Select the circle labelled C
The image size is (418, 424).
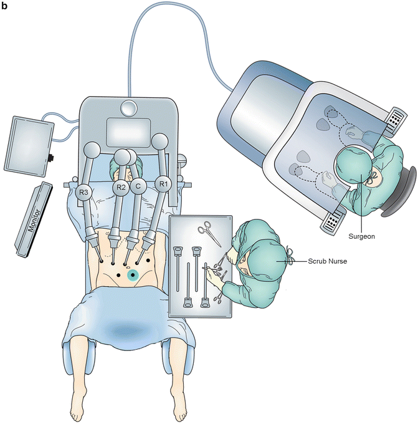pos(141,186)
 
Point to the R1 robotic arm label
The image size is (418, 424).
pos(163,183)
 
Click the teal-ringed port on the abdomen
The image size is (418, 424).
pos(132,275)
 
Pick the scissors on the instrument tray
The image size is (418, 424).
pos(207,235)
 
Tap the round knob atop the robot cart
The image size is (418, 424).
pos(128,108)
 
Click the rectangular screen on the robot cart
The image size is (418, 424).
pos(129,133)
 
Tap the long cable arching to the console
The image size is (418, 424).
pos(174,16)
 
